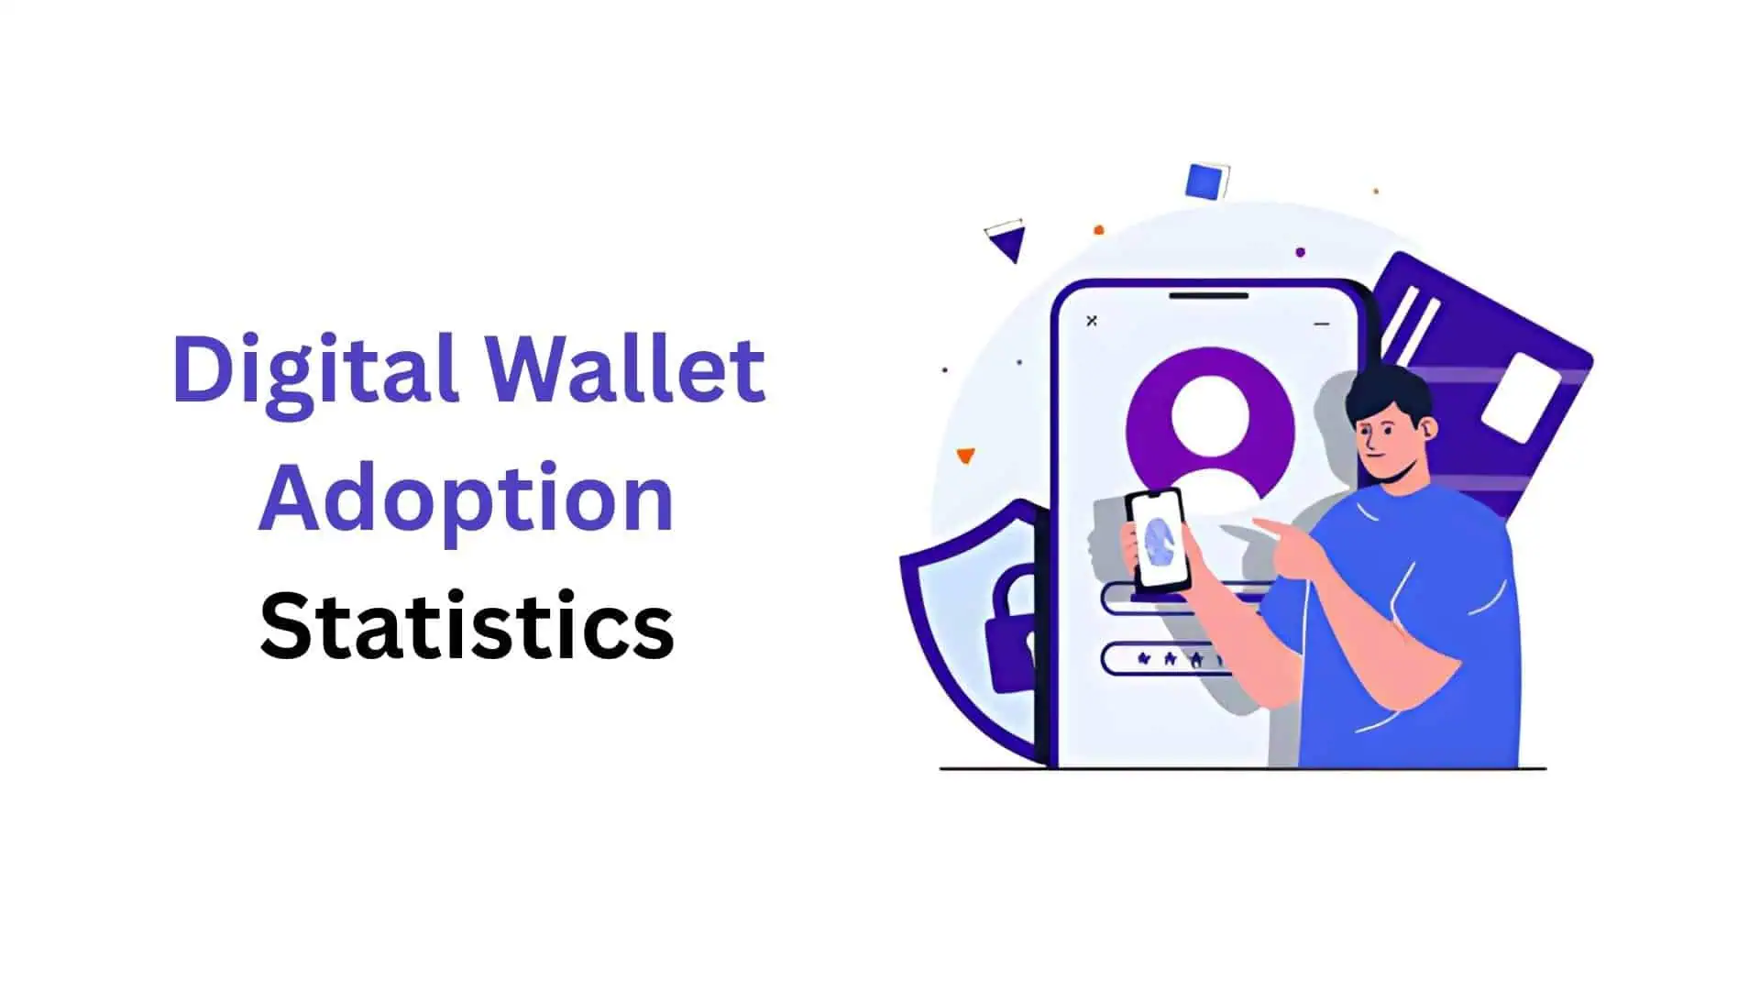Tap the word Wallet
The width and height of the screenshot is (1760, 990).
pyautogui.click(x=624, y=368)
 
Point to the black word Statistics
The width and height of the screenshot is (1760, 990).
pyautogui.click(x=467, y=627)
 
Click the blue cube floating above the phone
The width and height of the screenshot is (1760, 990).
pyautogui.click(x=1206, y=181)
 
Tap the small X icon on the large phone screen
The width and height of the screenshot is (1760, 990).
pyautogui.click(x=1092, y=321)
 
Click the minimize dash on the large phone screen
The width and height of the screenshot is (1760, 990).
pyautogui.click(x=1321, y=324)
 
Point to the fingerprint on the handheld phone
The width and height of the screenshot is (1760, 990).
pyautogui.click(x=1159, y=542)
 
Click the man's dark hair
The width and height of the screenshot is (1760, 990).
pyautogui.click(x=1386, y=390)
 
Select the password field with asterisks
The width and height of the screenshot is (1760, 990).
pyautogui.click(x=1164, y=659)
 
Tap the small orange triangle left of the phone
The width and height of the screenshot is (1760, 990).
pyautogui.click(x=965, y=455)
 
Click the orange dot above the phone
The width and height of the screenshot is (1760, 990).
pyautogui.click(x=1099, y=230)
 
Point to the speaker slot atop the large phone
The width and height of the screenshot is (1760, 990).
pyautogui.click(x=1208, y=295)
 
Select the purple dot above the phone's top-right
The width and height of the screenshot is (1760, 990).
pyautogui.click(x=1300, y=252)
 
